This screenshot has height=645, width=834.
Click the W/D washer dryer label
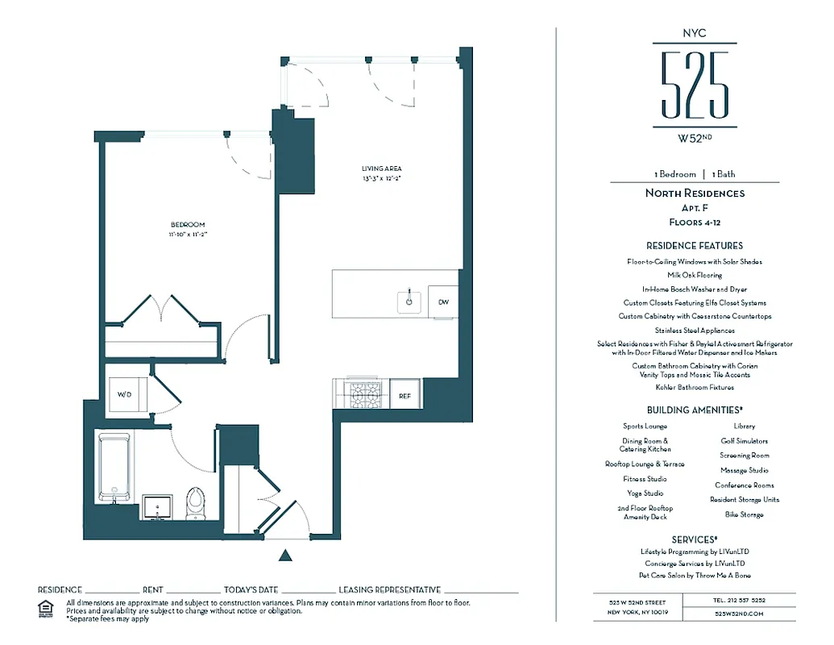125,395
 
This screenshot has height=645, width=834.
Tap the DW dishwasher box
443,302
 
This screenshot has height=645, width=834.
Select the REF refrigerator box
405,396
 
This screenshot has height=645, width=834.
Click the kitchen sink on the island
410,302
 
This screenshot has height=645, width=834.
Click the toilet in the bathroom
195,503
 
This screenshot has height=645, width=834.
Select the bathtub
114,467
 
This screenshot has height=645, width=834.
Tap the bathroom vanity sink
156,507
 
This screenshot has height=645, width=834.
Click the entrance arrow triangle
284,555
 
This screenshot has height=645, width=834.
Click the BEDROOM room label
187,225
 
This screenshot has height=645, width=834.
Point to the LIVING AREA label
380,169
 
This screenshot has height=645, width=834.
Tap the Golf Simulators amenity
744,441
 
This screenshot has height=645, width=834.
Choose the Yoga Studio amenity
645,493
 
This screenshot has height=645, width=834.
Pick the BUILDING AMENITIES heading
694,410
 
